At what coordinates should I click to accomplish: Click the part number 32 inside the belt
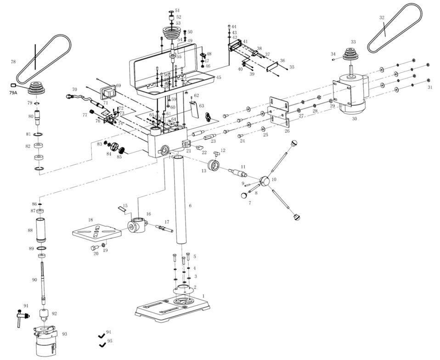(382, 18)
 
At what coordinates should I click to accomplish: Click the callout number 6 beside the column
(190, 205)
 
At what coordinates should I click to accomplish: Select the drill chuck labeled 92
(44, 315)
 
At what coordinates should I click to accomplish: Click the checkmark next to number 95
(102, 344)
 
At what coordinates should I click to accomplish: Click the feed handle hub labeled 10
(264, 181)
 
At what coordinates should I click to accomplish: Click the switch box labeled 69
(109, 92)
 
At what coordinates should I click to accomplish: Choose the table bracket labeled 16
(137, 225)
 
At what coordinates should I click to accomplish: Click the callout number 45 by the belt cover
(219, 77)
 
